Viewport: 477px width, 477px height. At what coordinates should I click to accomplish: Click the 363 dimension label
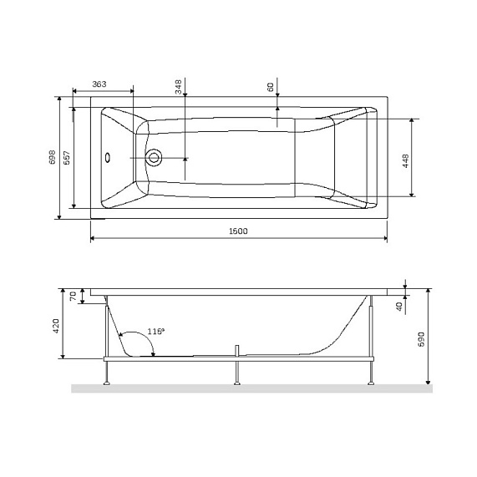[99, 84]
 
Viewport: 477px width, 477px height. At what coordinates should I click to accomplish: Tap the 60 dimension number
[271, 88]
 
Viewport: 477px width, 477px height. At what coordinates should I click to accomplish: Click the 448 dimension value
[405, 159]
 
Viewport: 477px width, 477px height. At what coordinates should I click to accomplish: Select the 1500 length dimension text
[238, 231]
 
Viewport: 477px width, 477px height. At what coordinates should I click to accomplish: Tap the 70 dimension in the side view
[74, 296]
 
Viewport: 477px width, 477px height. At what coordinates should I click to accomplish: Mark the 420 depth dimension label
[56, 324]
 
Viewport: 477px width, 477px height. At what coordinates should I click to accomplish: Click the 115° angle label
[155, 332]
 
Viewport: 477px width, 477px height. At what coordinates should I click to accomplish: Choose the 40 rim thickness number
[400, 306]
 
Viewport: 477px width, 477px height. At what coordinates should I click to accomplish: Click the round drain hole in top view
[154, 158]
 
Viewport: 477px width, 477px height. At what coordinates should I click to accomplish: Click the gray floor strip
[251, 388]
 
